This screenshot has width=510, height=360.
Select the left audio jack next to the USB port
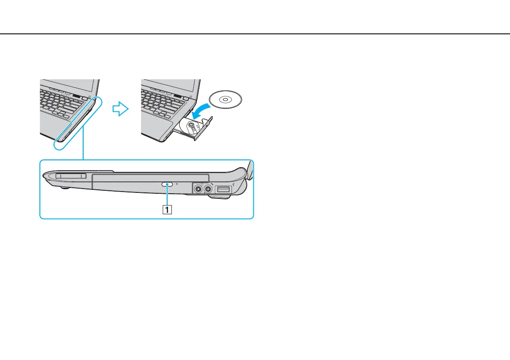[198, 189]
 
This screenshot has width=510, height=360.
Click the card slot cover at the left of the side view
[71, 176]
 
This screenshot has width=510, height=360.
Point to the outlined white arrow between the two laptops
[120, 109]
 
